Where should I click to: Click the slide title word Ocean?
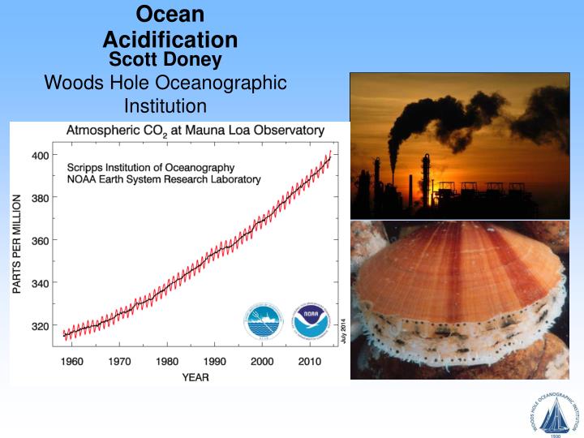[170, 14]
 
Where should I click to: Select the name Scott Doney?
[165, 59]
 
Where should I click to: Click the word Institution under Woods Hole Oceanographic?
[165, 105]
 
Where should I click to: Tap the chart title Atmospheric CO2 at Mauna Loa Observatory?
[195, 130]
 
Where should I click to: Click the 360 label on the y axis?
[39, 241]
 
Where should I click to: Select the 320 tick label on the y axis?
[39, 327]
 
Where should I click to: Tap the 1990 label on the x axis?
[215, 360]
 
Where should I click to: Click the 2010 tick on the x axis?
[309, 360]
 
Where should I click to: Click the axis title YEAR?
[195, 376]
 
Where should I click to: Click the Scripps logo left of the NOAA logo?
[263, 322]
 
